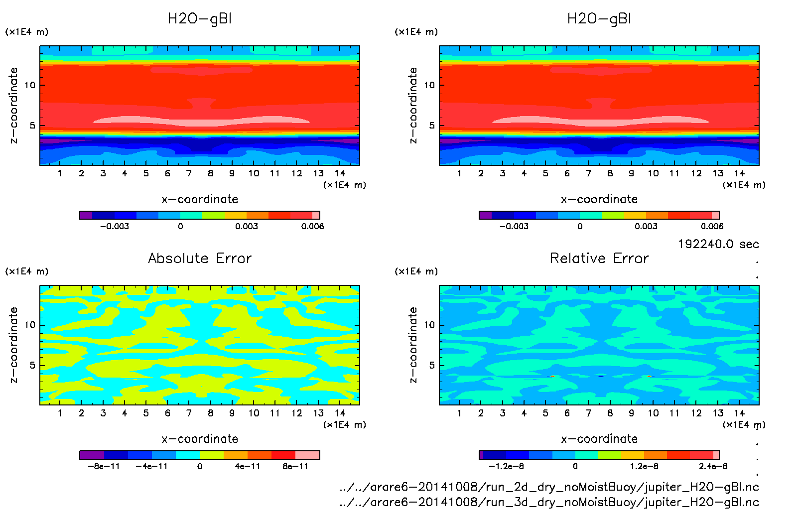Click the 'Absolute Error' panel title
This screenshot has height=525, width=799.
click(x=200, y=258)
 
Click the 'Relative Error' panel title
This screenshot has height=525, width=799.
click(x=599, y=258)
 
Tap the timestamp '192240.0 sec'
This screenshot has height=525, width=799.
click(x=718, y=244)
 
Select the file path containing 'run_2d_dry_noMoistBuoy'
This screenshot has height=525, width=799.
click(x=549, y=487)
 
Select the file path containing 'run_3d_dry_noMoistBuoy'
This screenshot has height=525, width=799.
click(x=549, y=502)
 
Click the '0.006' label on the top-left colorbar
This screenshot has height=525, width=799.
click(x=312, y=226)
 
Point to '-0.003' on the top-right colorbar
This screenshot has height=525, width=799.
click(x=514, y=226)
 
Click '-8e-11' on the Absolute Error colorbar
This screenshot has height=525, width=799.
click(x=104, y=466)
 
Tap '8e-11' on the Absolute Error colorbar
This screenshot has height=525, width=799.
click(x=295, y=466)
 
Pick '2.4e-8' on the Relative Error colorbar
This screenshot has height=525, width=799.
click(x=713, y=466)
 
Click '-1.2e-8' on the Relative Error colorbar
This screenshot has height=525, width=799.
click(x=506, y=466)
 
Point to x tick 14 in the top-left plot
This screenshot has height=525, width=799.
click(x=340, y=173)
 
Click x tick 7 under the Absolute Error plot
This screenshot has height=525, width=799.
click(x=189, y=413)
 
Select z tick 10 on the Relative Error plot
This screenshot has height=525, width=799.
click(x=429, y=325)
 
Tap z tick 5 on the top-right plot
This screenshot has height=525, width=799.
click(x=432, y=126)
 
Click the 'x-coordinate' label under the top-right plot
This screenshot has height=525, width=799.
click(x=599, y=199)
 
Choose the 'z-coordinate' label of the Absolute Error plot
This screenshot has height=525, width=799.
click(x=14, y=345)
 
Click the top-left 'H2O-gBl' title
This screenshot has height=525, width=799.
click(x=200, y=19)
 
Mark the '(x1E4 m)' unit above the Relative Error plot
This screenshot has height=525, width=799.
click(x=416, y=271)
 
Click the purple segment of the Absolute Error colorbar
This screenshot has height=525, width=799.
click(x=92, y=455)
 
